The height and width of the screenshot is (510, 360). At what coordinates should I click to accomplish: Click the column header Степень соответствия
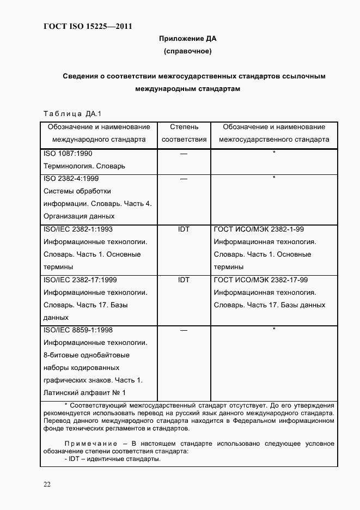pyautogui.click(x=184, y=133)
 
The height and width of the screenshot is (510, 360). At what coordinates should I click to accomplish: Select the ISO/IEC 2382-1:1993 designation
pyautogui.click(x=78, y=229)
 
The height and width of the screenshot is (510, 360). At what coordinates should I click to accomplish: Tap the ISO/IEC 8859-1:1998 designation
pyautogui.click(x=78, y=330)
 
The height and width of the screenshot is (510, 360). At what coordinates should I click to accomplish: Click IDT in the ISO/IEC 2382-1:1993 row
pyautogui.click(x=184, y=229)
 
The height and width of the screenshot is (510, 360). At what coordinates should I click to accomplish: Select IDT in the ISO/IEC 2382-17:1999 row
pyautogui.click(x=184, y=280)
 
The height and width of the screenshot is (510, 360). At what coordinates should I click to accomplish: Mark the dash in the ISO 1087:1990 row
pyautogui.click(x=184, y=154)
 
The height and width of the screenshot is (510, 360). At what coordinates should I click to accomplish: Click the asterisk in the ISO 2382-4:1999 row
pyautogui.click(x=274, y=178)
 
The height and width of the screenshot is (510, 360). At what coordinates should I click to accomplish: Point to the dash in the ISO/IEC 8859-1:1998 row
pyautogui.click(x=184, y=330)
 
